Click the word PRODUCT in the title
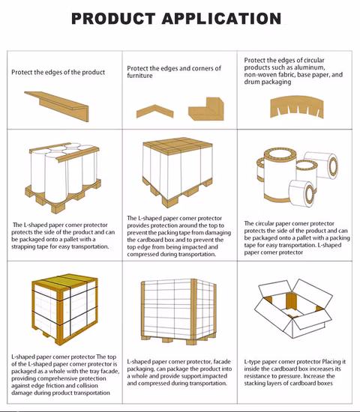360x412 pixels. click(113, 19)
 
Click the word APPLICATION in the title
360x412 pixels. click(221, 19)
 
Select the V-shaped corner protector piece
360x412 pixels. click(155, 112)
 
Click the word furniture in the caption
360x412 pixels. click(139, 76)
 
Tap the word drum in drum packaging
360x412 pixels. click(251, 82)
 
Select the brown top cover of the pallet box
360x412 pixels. click(178, 146)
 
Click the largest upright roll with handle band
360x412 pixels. click(279, 175)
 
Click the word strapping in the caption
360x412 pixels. click(24, 247)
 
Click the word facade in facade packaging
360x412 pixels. click(222, 362)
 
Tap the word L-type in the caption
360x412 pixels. click(252, 362)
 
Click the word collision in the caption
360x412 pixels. click(87, 386)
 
